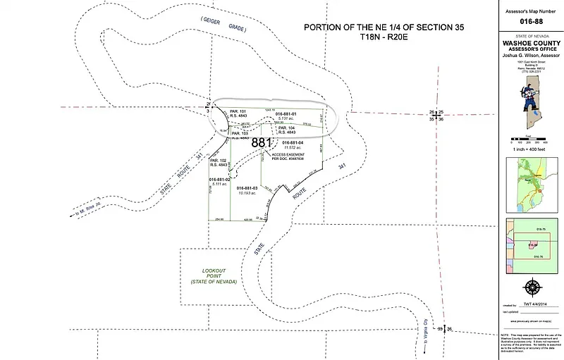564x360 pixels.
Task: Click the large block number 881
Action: [x=261, y=142]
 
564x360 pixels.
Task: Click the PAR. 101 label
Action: [x=238, y=111]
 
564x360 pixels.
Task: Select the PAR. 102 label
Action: [x=218, y=161]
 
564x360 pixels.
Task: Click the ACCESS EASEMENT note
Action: [x=288, y=155]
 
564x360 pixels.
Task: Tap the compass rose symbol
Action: [x=534, y=287]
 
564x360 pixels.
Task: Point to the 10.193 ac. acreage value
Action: [x=247, y=194]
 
